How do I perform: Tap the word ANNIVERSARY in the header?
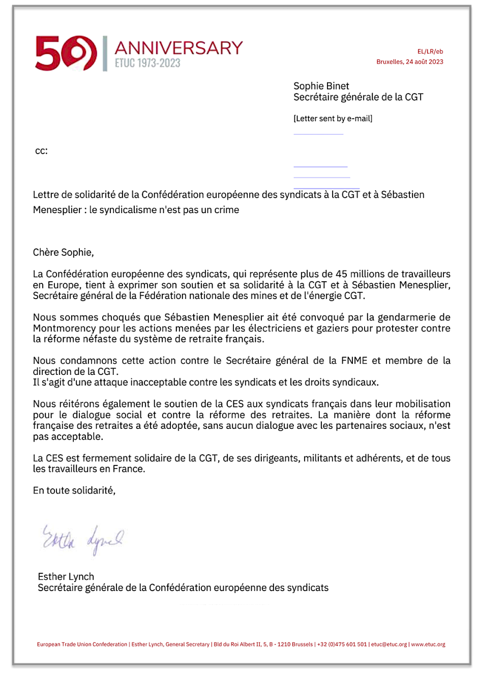pyautogui.click(x=178, y=48)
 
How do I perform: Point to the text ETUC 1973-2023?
pyautogui.click(x=147, y=63)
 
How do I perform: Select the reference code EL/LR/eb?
pyautogui.click(x=430, y=51)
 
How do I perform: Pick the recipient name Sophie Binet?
pyautogui.click(x=321, y=86)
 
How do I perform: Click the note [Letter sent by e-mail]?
pyautogui.click(x=333, y=119)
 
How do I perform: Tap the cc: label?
pyautogui.click(x=41, y=151)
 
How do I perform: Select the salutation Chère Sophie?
pyautogui.click(x=63, y=252)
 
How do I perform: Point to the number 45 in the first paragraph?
pyautogui.click(x=341, y=274)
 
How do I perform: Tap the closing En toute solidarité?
pyautogui.click(x=74, y=490)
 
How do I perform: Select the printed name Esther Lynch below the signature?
pyautogui.click(x=66, y=577)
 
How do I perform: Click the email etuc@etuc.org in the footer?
pyautogui.click(x=389, y=644)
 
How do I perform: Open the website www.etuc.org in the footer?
pyautogui.click(x=428, y=644)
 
